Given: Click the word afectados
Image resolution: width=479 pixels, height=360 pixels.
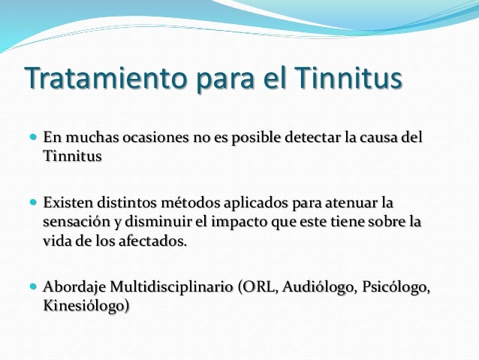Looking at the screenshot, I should [x=150, y=242].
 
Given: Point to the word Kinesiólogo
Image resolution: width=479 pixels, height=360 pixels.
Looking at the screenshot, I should [x=86, y=307].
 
